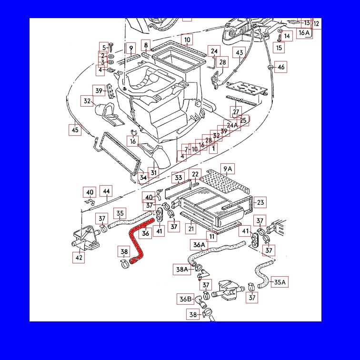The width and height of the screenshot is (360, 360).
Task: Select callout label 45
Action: (75, 130)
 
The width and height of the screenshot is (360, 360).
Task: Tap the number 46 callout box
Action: (281, 67)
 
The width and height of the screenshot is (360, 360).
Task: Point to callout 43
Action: (239, 53)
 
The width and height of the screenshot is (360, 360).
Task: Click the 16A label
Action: (304, 32)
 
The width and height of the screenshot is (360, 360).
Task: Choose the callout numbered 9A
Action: (228, 169)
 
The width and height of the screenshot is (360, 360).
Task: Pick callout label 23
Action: (260, 202)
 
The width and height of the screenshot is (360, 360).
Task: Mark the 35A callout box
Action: (280, 282)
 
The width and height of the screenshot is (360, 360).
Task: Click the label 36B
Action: (186, 299)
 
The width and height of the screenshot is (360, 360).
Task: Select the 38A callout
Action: (183, 270)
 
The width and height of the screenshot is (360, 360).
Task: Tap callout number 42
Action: (79, 258)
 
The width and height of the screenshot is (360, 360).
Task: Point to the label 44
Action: (106, 191)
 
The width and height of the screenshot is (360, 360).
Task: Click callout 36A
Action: (199, 245)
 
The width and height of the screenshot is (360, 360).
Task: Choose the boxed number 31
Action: (153, 172)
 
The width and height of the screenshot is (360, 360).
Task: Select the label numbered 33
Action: (178, 178)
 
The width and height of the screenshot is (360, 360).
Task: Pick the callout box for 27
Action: (236, 112)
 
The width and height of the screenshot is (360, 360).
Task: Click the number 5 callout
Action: (103, 47)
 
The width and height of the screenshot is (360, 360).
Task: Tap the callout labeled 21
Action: (191, 229)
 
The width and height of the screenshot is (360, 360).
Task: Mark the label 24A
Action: (232, 125)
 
